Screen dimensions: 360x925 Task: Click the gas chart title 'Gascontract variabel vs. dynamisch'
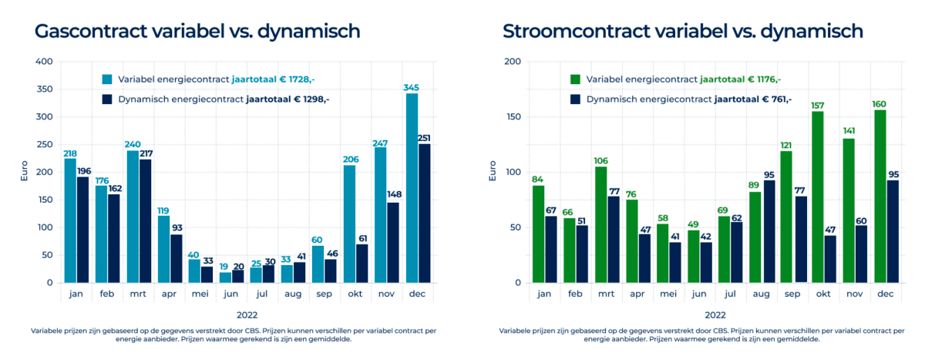(x=197, y=32)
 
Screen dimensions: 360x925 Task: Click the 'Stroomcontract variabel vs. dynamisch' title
(x=682, y=32)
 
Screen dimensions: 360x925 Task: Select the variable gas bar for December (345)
(x=412, y=188)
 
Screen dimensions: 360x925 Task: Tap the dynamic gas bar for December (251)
(x=424, y=214)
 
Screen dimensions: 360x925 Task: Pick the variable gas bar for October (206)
(x=349, y=224)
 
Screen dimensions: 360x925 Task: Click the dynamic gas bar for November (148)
(x=393, y=242)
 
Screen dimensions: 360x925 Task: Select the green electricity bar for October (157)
(x=817, y=197)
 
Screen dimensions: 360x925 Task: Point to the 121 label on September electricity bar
(x=785, y=144)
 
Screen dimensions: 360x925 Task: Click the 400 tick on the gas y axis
(x=44, y=62)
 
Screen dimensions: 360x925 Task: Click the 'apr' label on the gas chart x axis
(x=170, y=294)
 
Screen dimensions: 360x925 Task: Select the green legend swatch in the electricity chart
(x=575, y=79)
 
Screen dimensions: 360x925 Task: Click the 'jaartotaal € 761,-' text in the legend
(x=752, y=99)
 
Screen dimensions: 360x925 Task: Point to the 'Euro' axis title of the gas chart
(x=23, y=172)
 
